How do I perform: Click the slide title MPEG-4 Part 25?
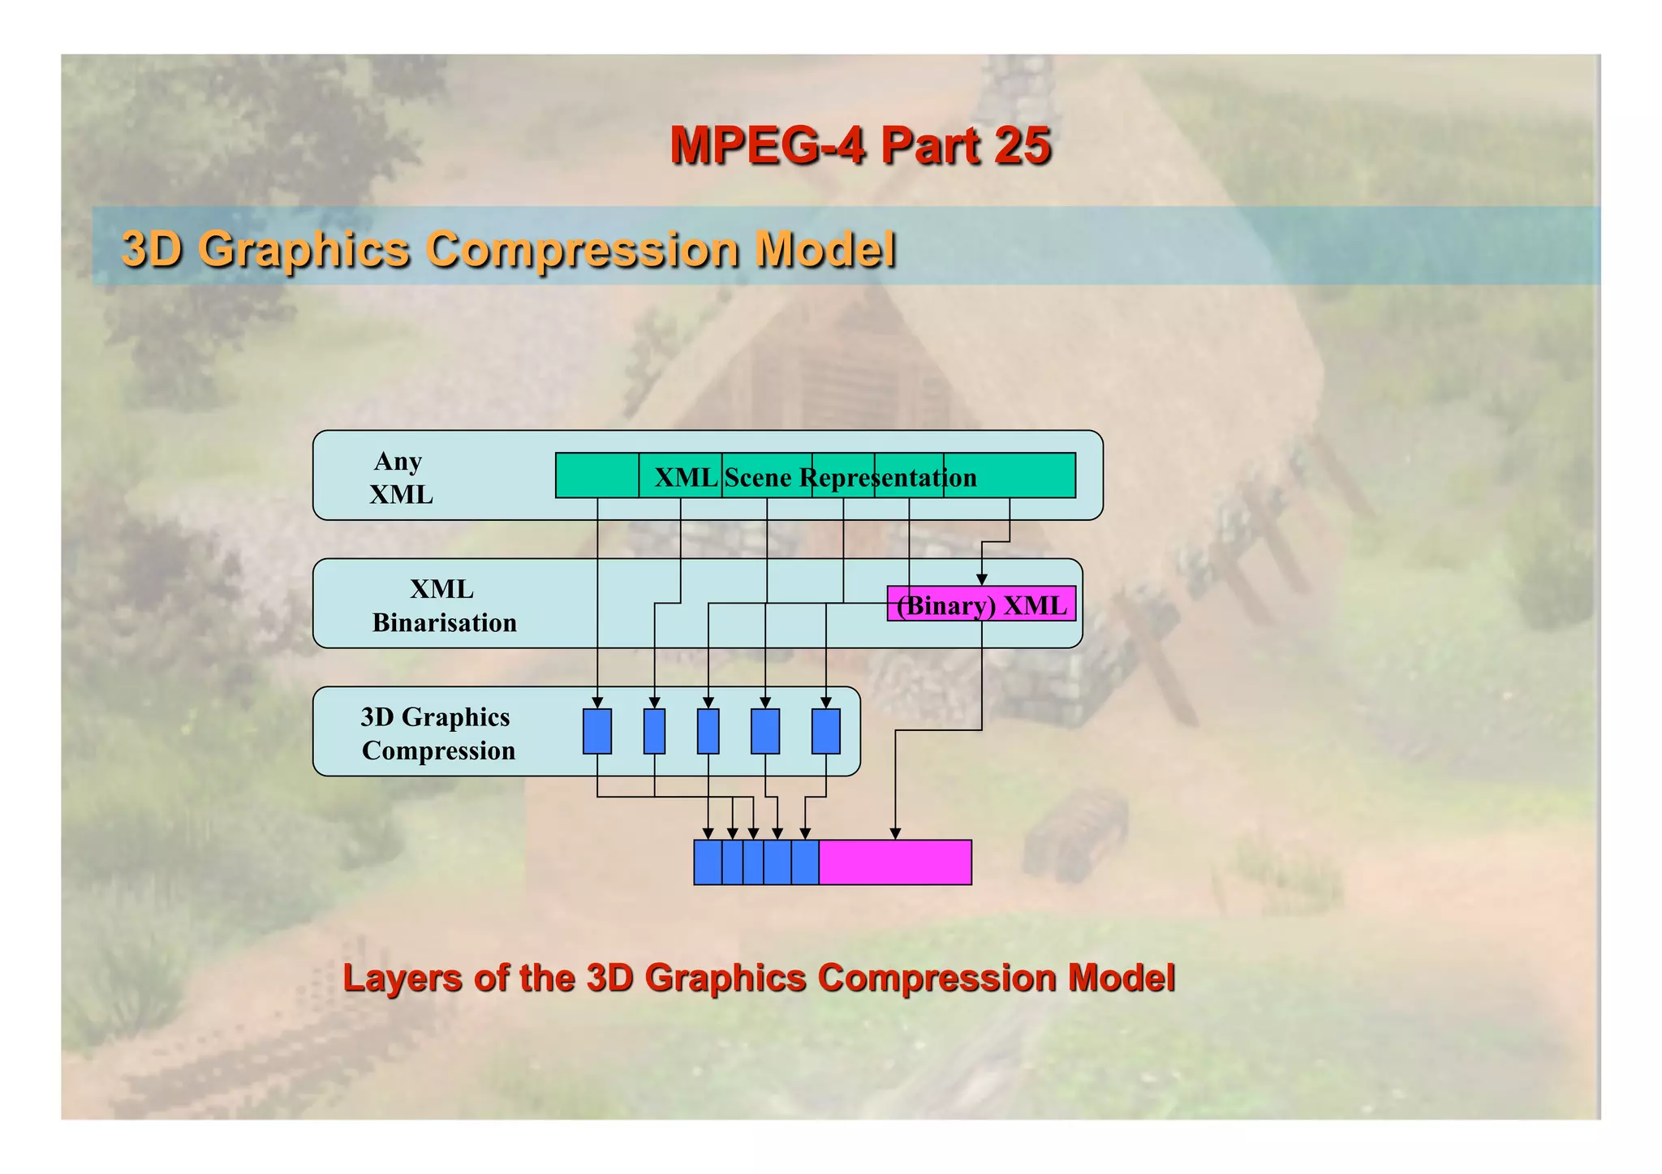pyautogui.click(x=860, y=146)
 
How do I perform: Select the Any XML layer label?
pyautogui.click(x=400, y=477)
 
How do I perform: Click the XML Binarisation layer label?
pyautogui.click(x=443, y=605)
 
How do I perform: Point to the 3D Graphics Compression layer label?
pyautogui.click(x=437, y=733)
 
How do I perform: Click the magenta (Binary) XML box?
pyautogui.click(x=981, y=604)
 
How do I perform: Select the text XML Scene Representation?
pyautogui.click(x=815, y=477)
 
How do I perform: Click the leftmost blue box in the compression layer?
pyautogui.click(x=597, y=731)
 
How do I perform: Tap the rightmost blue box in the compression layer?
pyautogui.click(x=825, y=731)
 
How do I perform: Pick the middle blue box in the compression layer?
pyautogui.click(x=708, y=731)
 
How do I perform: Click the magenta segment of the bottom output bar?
pyautogui.click(x=894, y=862)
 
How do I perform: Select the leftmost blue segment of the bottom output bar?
pyautogui.click(x=708, y=862)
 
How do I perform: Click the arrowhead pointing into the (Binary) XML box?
pyautogui.click(x=981, y=580)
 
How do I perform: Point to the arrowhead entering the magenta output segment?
pyautogui.click(x=895, y=834)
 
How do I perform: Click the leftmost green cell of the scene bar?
pyautogui.click(x=596, y=475)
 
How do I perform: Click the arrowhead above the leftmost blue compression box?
pyautogui.click(x=597, y=703)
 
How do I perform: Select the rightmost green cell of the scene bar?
pyautogui.click(x=1010, y=475)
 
